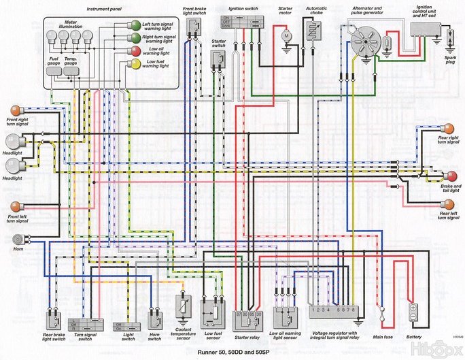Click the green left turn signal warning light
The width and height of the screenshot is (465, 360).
point(136,25)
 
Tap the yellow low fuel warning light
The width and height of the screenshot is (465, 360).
point(136,64)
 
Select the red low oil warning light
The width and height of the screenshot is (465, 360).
point(136,51)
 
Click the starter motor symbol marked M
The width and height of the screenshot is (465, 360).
point(286,34)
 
